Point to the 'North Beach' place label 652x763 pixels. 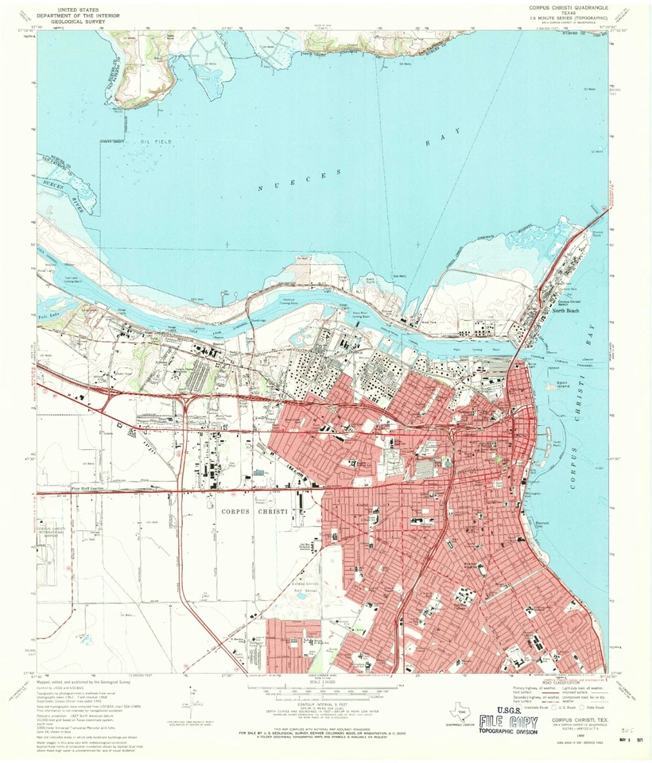coord(567,311)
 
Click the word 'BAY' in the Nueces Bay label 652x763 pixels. coord(433,141)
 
